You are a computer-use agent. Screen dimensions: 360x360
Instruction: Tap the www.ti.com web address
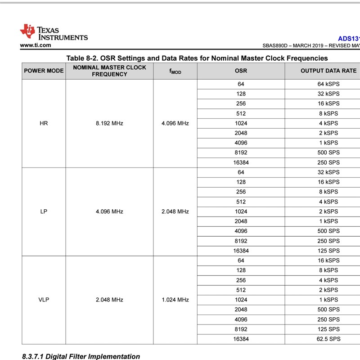coord(36,45)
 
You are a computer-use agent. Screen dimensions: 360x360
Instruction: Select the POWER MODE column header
coord(44,71)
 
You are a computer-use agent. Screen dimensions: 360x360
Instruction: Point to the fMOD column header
coord(175,71)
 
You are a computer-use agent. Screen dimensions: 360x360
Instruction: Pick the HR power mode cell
coord(44,123)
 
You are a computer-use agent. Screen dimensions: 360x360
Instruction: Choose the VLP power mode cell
coord(44,300)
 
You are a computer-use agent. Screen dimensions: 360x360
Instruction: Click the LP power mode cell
coord(44,211)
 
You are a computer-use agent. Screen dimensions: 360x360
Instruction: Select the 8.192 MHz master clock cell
coord(109,123)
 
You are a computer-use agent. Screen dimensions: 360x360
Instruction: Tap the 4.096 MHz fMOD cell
coord(175,123)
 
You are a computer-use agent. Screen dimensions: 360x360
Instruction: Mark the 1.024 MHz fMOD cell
coord(175,300)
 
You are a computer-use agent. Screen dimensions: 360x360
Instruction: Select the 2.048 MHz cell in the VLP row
coord(109,300)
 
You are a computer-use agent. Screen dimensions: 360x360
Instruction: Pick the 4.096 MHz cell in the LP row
coord(109,211)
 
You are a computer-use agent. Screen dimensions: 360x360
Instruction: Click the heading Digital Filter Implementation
coord(81,356)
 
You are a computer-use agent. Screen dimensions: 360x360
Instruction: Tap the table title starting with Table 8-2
coord(197,58)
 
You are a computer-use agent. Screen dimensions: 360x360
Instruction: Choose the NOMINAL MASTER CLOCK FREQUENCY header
coord(109,71)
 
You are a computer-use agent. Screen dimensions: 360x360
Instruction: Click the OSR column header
coord(241,71)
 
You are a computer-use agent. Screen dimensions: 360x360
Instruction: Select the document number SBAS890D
coord(277,46)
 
